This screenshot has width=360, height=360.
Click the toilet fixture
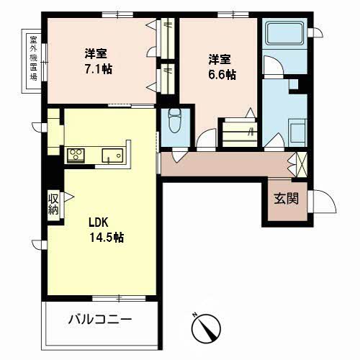(x=174, y=120)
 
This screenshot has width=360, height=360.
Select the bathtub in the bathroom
(x=284, y=33)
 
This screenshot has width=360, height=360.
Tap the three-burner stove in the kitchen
(x=76, y=155)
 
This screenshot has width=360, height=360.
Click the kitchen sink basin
(x=112, y=156)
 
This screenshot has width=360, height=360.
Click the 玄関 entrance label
(x=287, y=199)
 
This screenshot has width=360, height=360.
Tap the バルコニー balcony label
(x=100, y=320)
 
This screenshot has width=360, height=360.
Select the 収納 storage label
(x=53, y=204)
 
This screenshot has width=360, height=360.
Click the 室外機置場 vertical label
(x=33, y=58)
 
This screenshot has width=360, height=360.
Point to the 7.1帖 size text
(x=99, y=69)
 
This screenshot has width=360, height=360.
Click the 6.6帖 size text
(x=222, y=75)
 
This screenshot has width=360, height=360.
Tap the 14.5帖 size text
(x=107, y=238)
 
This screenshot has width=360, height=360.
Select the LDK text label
(x=99, y=222)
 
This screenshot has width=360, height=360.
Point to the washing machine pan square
(x=298, y=132)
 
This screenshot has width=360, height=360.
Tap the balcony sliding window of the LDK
(x=119, y=298)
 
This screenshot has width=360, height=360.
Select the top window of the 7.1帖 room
(x=117, y=14)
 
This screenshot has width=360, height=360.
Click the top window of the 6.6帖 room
(x=233, y=14)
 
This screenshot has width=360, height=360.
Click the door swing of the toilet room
(x=179, y=155)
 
